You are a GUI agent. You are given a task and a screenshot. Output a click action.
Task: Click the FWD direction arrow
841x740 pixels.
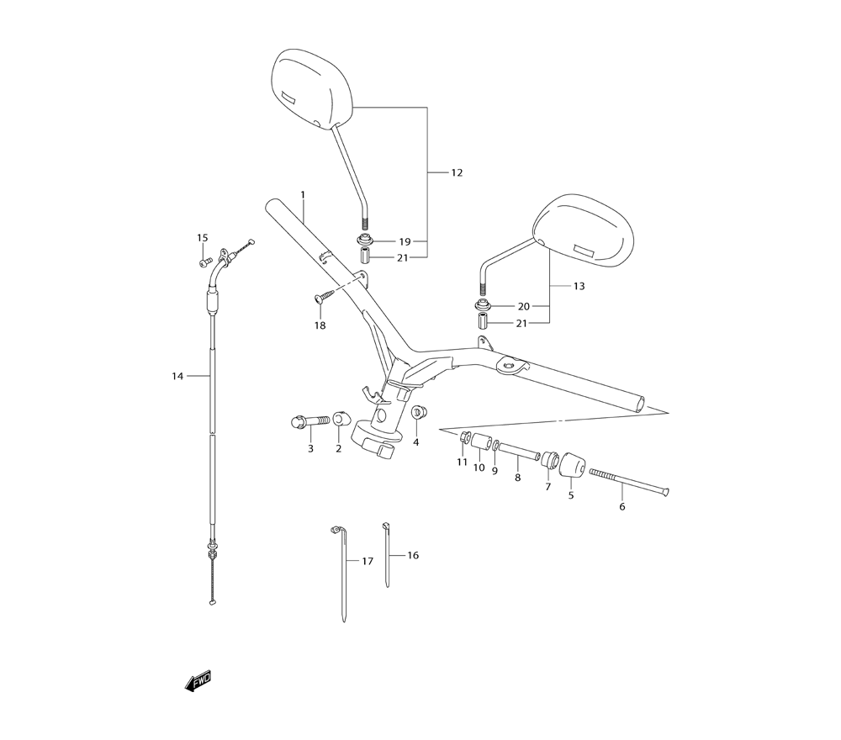198,680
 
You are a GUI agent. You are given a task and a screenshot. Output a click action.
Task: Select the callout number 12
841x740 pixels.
457,173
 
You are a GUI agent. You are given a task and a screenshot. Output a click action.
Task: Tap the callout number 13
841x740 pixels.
579,286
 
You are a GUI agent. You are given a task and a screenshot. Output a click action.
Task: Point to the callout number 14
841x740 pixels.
177,376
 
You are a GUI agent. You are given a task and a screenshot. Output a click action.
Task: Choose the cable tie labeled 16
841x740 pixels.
387,554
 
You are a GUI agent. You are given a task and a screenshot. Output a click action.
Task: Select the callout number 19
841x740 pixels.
405,241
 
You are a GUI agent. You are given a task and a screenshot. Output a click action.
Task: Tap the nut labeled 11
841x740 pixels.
464,436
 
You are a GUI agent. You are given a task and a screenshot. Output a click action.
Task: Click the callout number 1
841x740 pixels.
303,194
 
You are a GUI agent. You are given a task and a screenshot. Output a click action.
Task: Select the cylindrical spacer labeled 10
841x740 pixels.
480,443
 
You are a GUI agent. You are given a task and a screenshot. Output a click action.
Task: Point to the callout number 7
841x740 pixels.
547,486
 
